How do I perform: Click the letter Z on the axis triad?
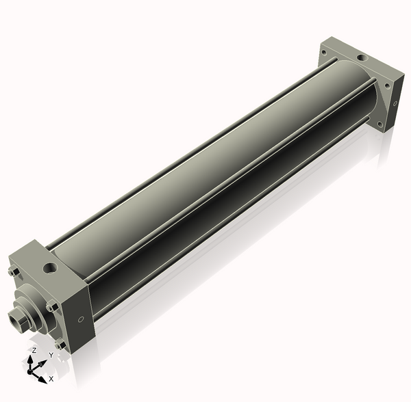pyautogui.click(x=34, y=351)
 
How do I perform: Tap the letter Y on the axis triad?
pyautogui.click(x=51, y=355)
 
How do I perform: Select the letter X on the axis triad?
pyautogui.click(x=51, y=379)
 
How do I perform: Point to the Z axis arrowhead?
pyautogui.click(x=30, y=360)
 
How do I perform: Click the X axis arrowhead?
pyautogui.click(x=42, y=379)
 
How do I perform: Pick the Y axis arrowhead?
pyautogui.click(x=43, y=363)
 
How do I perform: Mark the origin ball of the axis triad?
pyautogui.click(x=29, y=372)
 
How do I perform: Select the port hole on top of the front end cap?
pyautogui.click(x=50, y=267)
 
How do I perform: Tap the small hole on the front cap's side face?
pyautogui.click(x=81, y=319)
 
